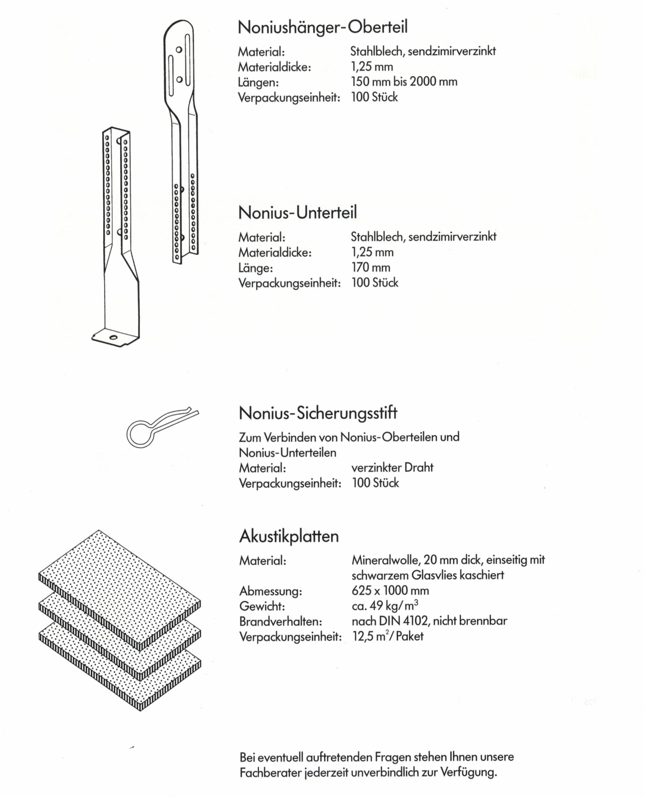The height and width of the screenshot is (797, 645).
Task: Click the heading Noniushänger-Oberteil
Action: coord(323,27)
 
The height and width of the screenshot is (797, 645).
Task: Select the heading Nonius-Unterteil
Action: coord(297,213)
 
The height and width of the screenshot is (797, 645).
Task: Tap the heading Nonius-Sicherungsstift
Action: coord(318,413)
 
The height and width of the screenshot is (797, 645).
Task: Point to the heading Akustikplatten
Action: coord(289,536)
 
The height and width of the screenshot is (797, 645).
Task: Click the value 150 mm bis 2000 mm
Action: coord(404,82)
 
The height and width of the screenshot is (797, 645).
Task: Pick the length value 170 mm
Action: coord(370,267)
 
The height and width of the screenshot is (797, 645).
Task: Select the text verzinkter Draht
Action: coord(392,467)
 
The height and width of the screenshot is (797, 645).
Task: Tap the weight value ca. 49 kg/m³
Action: coord(385,606)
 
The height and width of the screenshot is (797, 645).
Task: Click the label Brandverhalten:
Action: coord(280,621)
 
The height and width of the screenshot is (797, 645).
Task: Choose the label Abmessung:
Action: coord(270,591)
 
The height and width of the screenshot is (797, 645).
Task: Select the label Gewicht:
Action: coord(262,606)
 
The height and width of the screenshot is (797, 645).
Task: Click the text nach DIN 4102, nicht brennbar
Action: coord(429,621)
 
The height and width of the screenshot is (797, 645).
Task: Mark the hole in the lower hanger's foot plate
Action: coord(113,337)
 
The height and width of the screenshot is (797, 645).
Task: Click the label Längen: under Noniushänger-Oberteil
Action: coord(258,83)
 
